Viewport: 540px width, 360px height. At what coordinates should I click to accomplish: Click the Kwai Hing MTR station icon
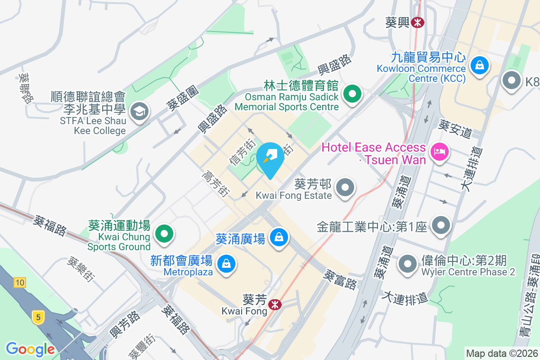click(x=418, y=22)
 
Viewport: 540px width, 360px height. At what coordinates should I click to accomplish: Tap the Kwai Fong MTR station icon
click(x=274, y=305)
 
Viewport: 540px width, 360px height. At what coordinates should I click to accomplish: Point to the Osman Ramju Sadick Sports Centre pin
click(x=352, y=94)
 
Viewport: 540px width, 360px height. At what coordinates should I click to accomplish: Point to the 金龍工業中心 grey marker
click(x=441, y=225)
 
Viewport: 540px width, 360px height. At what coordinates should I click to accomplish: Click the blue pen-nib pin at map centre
click(x=270, y=157)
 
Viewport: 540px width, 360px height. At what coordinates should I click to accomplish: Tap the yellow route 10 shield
click(x=19, y=283)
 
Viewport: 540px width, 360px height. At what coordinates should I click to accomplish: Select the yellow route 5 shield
click(x=38, y=317)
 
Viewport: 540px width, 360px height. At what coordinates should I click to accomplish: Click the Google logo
click(x=30, y=349)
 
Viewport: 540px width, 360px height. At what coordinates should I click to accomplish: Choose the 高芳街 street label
click(x=216, y=183)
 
